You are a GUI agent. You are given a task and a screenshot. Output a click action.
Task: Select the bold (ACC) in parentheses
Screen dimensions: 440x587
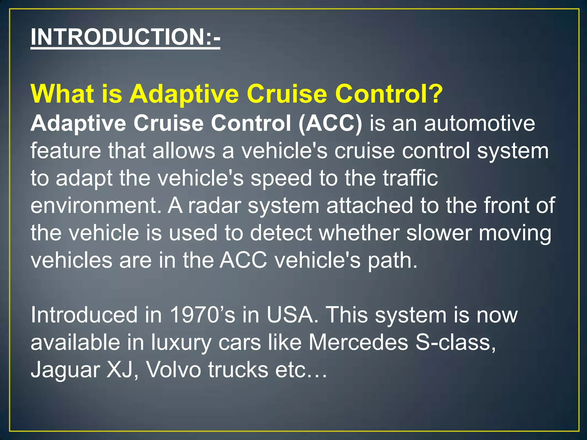pyautogui.click(x=330, y=124)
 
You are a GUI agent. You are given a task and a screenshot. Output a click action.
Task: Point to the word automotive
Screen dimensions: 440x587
pyautogui.click(x=479, y=124)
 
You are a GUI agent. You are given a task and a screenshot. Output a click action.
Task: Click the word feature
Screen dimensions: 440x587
pyautogui.click(x=66, y=151)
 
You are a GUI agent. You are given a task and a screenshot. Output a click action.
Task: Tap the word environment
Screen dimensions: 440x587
pyautogui.click(x=96, y=206)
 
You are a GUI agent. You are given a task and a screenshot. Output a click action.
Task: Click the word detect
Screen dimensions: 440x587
pyautogui.click(x=281, y=233)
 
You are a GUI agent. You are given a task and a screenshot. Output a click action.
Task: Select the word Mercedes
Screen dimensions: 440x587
pyautogui.click(x=358, y=342)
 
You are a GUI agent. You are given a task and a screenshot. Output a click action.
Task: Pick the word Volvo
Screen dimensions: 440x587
pyautogui.click(x=174, y=370)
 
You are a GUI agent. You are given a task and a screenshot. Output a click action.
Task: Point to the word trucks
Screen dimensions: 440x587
pyautogui.click(x=238, y=370)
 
